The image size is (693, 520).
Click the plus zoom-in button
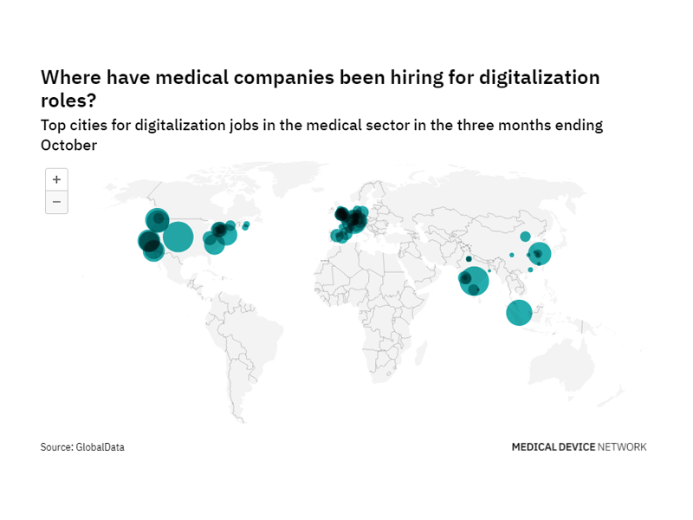point(56,179)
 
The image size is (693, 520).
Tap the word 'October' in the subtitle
point(68,145)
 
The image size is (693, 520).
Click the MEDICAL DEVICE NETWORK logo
point(579,447)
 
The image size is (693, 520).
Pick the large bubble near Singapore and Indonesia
point(519,312)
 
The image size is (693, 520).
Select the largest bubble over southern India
point(475,281)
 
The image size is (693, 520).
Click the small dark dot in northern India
point(469,259)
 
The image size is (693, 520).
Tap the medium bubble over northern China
point(525,237)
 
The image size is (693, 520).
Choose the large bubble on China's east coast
point(540,254)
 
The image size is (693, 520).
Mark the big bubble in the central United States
point(178,236)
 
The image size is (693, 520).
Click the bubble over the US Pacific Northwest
point(157,220)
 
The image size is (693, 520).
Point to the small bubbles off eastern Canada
point(246,226)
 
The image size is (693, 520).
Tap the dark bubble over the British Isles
point(341,214)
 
